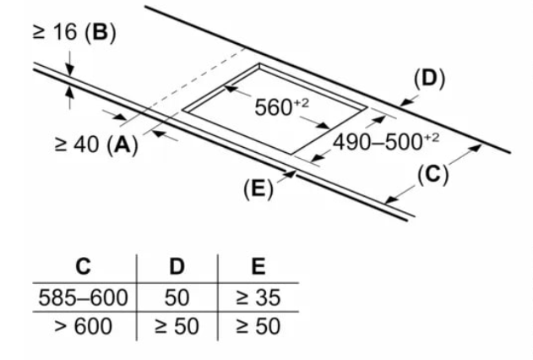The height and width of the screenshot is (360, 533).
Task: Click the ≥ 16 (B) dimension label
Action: pos(74,33)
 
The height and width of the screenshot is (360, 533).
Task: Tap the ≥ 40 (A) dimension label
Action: pos(96,145)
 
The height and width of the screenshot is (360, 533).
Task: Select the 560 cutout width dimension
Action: pos(281,107)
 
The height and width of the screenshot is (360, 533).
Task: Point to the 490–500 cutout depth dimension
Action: pos(386,141)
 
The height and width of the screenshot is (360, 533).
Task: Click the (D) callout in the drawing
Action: pos(429,79)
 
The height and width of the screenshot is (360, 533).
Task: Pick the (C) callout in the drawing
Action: pos(432,175)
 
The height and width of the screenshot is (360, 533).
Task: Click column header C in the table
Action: pos(84,266)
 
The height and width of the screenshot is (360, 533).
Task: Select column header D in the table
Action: pos(177,266)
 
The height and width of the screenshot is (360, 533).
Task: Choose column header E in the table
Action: pos(258,266)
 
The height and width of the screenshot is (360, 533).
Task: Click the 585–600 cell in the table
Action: pos(84,297)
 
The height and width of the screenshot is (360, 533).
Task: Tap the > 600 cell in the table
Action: pos(84,326)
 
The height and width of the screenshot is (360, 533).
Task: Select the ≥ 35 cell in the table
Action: pos(258,297)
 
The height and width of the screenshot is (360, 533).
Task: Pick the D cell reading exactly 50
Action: pos(177,297)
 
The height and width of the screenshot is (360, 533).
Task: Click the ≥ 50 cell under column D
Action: pos(177,326)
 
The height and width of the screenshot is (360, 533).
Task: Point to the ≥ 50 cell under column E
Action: pos(258,326)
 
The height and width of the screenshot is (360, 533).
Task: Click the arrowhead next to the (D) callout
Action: pos(405,102)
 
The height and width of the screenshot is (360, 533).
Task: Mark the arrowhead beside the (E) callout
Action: pos(290,174)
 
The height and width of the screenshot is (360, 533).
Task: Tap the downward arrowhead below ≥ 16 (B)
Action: pos(69,70)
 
